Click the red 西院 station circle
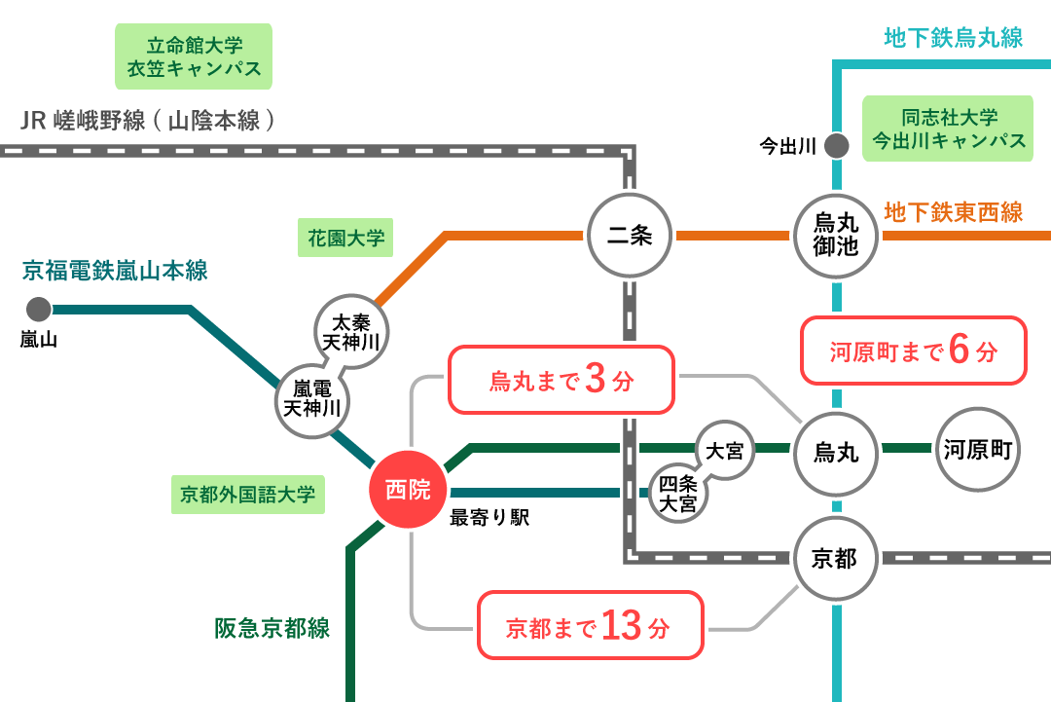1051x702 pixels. (x=408, y=491)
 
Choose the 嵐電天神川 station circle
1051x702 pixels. (x=312, y=398)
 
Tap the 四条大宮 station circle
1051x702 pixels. (x=678, y=494)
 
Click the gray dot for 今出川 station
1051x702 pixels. (x=836, y=146)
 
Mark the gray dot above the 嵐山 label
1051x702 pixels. (x=39, y=310)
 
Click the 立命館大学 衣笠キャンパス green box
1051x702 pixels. (x=194, y=56)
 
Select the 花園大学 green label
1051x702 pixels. (x=345, y=238)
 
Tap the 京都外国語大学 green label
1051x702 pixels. (x=248, y=495)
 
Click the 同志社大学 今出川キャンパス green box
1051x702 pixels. (x=948, y=129)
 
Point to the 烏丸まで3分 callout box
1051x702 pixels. (x=561, y=380)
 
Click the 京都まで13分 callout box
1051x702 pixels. (x=590, y=625)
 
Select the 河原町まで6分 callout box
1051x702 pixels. (x=914, y=351)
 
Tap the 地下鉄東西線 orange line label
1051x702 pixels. (x=953, y=212)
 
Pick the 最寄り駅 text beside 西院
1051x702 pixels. (x=489, y=518)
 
